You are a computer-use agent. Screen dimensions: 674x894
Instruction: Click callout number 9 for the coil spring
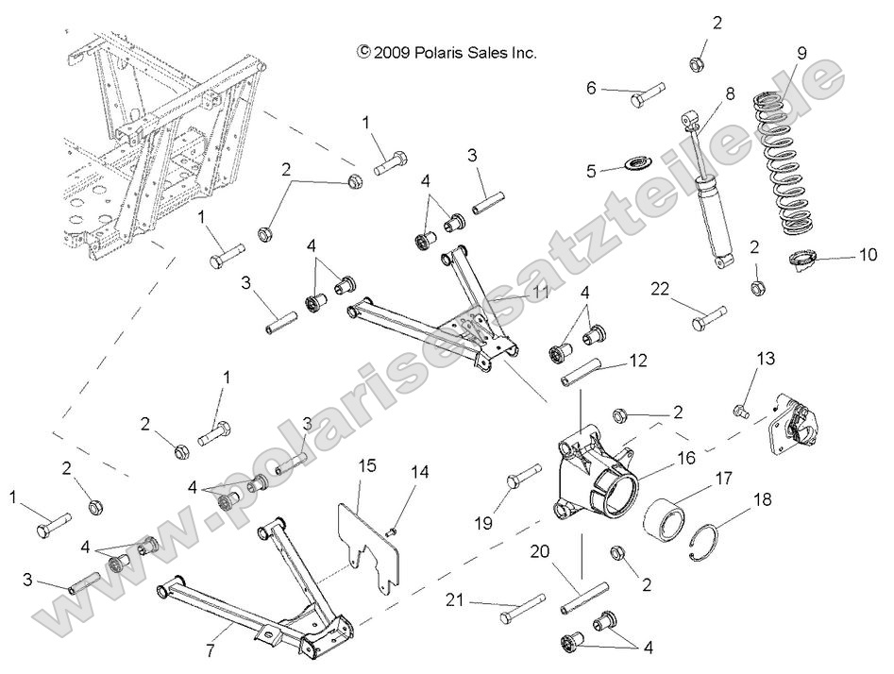pyautogui.click(x=801, y=53)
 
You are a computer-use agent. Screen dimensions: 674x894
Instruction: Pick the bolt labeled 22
pyautogui.click(x=707, y=317)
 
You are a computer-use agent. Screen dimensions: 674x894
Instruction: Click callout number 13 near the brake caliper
pyautogui.click(x=766, y=358)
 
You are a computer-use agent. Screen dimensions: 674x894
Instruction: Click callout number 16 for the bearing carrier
pyautogui.click(x=685, y=457)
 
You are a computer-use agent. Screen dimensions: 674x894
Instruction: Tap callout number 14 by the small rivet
pyautogui.click(x=419, y=470)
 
